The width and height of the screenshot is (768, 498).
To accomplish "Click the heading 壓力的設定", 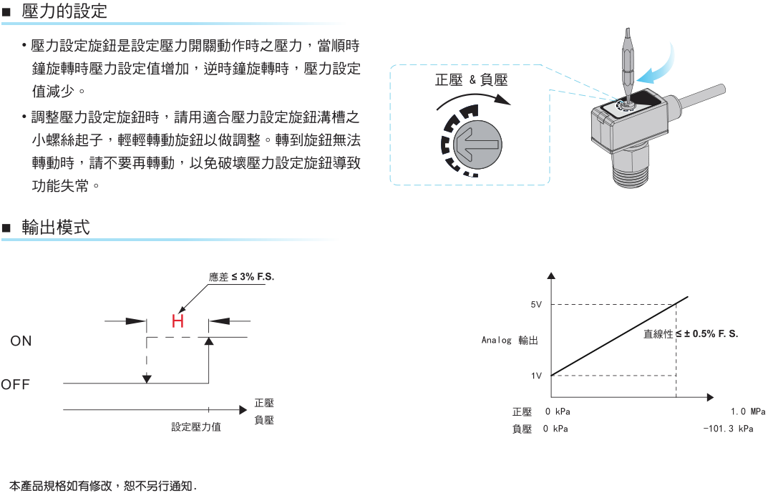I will coord(64,11).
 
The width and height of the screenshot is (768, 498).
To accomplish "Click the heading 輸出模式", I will coord(56,228).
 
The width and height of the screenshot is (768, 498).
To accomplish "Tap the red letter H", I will coord(178,321).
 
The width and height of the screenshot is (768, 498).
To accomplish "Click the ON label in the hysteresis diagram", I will coord(21,341).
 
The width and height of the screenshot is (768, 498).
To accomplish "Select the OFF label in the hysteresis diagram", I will coord(16,385).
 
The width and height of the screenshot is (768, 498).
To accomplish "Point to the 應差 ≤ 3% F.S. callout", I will coord(241,277).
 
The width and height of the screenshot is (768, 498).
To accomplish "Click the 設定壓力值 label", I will coord(196,427).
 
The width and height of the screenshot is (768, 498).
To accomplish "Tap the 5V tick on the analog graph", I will coord(536,305).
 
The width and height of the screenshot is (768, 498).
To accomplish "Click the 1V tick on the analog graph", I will coord(536,376).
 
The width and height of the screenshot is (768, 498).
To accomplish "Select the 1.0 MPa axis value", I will coord(748,412).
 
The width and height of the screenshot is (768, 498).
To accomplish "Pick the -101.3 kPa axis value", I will coord(729,429).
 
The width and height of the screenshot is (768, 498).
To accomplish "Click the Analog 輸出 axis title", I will coord(510,341).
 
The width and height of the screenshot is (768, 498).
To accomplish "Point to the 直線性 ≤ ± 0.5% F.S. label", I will coord(691,334).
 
